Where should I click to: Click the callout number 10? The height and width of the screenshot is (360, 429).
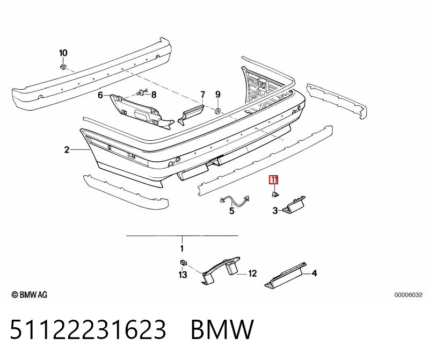[63, 53]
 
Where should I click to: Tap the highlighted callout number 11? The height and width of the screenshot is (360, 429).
[274, 180]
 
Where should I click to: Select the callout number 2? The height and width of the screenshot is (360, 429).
[67, 150]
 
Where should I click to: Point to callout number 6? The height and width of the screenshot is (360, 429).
[100, 95]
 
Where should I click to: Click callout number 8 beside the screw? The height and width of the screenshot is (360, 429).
[154, 95]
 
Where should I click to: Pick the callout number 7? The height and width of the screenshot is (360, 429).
[202, 95]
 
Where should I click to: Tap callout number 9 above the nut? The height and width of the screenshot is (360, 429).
[218, 95]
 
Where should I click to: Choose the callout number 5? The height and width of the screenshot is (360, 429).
[232, 211]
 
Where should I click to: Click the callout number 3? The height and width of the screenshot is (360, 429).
[275, 211]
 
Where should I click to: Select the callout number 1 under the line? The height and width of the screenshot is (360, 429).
[182, 249]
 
